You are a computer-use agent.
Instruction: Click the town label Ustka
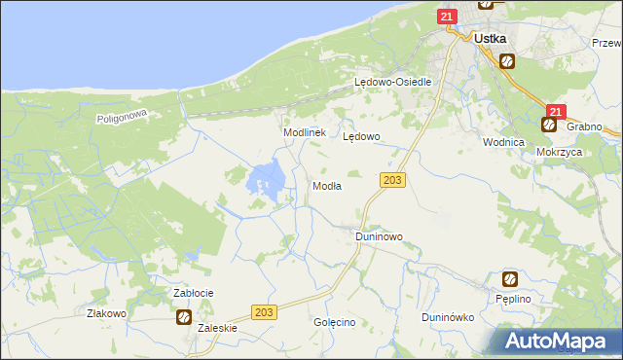click(x=489, y=39)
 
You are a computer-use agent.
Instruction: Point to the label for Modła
click(x=325, y=186)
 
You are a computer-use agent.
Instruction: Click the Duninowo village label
click(x=379, y=236)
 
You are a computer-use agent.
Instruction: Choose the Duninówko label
click(x=447, y=317)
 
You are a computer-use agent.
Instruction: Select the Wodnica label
click(x=503, y=141)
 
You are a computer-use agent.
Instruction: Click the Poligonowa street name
click(x=121, y=117)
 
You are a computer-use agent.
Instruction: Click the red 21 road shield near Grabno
click(x=555, y=113)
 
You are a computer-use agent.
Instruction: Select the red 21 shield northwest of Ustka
click(x=447, y=17)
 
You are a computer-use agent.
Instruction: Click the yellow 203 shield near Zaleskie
click(x=263, y=311)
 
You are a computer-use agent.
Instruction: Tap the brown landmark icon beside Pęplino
click(x=509, y=279)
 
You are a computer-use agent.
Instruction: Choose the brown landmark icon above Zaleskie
click(x=183, y=316)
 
